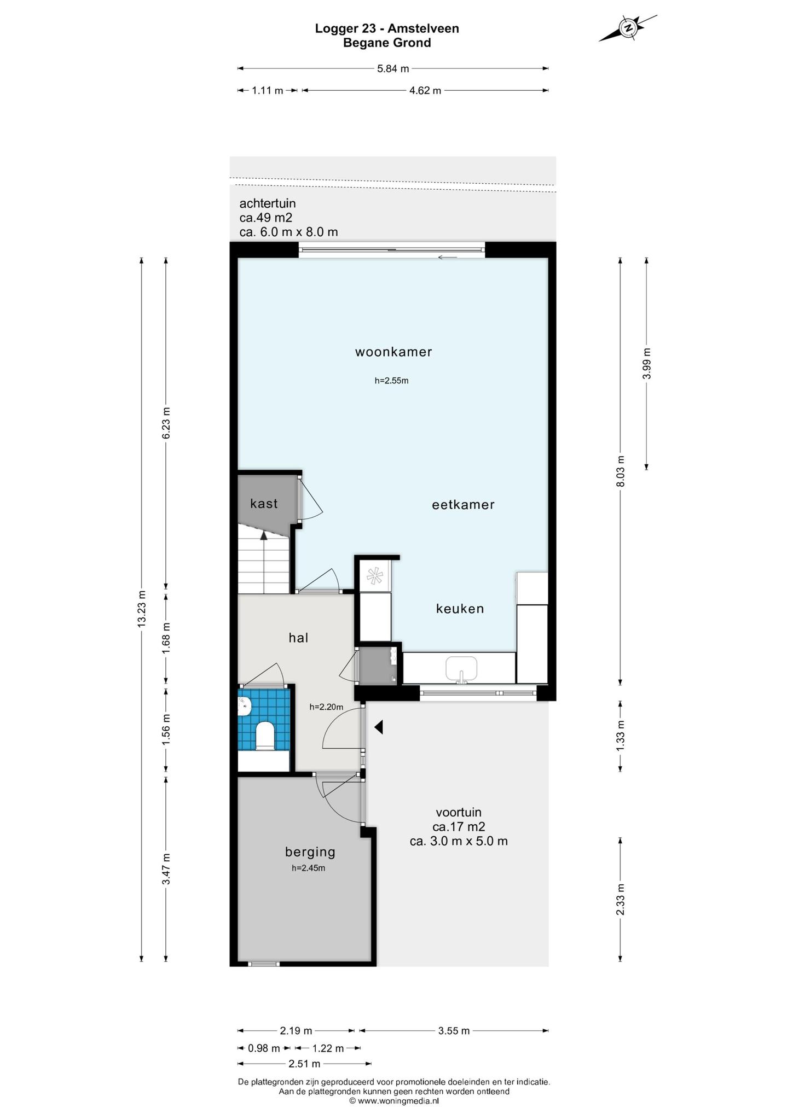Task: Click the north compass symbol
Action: coord(628,28)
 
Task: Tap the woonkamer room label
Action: coord(393,352)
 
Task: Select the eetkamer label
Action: coord(463,504)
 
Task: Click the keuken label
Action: coord(460,608)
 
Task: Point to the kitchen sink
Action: coord(461,669)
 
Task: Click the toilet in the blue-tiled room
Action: coord(265,736)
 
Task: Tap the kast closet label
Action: coord(264,503)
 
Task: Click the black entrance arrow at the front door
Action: coord(378,727)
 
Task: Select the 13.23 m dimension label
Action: coord(142,609)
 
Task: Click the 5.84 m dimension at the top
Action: coord(393,69)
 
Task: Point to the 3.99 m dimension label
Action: coord(647,364)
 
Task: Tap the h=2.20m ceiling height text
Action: coord(326,707)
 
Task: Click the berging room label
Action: coord(310,851)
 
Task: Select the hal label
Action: coord(298,637)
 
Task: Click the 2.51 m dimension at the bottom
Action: coord(304,1064)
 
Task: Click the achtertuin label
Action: coord(268,203)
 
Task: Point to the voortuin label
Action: coord(459,812)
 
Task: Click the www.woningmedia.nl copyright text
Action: coord(394,1101)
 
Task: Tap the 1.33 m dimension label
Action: coord(620,736)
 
